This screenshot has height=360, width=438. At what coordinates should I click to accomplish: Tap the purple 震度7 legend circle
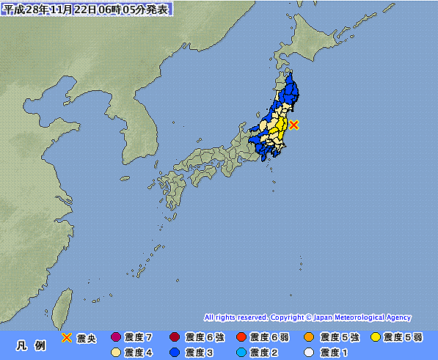click(x=114, y=337)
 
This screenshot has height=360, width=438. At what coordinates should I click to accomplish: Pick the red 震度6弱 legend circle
click(x=241, y=337)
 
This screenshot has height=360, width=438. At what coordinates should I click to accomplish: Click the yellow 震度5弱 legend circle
click(x=376, y=337)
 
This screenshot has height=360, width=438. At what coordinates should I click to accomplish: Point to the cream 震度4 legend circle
click(x=114, y=352)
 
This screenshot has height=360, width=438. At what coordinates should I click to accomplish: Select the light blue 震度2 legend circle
click(x=241, y=352)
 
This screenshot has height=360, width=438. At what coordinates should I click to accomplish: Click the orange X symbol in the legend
click(x=66, y=337)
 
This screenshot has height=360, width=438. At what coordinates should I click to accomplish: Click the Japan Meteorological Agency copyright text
click(x=307, y=317)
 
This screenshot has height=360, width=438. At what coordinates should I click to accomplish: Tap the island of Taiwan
click(x=65, y=302)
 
